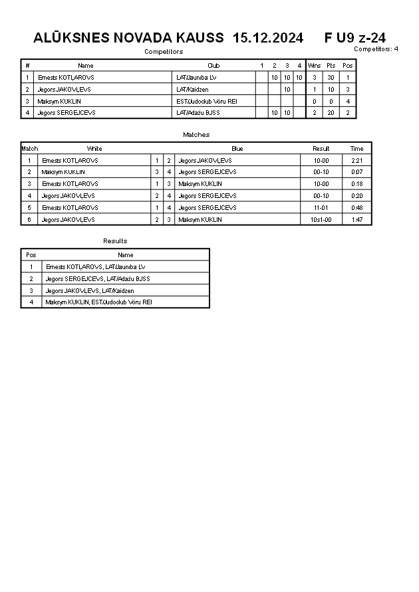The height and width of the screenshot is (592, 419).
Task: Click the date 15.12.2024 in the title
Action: (x=268, y=38)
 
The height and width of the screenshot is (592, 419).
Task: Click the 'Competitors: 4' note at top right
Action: (x=376, y=49)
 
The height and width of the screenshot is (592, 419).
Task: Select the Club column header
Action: (x=213, y=66)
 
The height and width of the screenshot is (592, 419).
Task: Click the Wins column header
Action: (x=314, y=66)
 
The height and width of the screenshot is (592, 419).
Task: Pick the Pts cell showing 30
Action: (x=331, y=78)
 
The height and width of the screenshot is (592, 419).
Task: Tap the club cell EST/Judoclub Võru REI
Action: (x=207, y=101)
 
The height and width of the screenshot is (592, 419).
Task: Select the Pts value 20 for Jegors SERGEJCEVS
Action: (x=331, y=113)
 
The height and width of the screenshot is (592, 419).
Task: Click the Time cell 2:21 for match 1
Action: (x=356, y=161)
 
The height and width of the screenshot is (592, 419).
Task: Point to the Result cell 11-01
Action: (x=321, y=208)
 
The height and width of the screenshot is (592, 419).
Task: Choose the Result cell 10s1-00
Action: (x=321, y=219)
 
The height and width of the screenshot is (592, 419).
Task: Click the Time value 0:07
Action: (x=356, y=172)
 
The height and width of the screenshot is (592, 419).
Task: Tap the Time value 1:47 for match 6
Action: (x=356, y=219)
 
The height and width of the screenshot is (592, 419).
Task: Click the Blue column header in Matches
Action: (x=237, y=149)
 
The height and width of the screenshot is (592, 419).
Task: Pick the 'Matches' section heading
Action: (x=196, y=135)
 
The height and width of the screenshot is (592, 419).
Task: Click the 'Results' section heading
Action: (x=115, y=241)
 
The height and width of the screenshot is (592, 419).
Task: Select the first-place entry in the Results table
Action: (x=96, y=267)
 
